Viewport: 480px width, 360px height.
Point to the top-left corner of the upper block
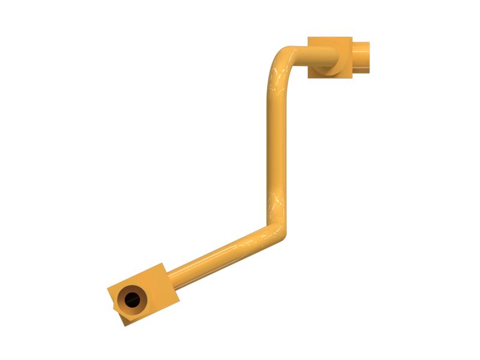[x=308, y=37]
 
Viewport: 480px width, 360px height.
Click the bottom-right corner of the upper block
[x=352, y=77]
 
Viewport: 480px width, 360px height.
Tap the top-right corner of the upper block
[x=352, y=37]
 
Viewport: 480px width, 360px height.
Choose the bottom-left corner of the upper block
[x=308, y=77]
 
